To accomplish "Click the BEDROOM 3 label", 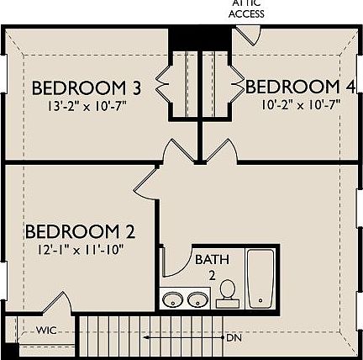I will tap(86, 88).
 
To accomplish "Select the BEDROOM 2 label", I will tap(81, 231).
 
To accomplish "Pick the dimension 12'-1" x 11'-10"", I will tap(81, 249).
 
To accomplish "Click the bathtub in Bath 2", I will tap(260, 278).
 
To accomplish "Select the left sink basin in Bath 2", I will tap(174, 299).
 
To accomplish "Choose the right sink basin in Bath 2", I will tap(198, 299).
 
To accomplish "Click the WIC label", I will tap(47, 331).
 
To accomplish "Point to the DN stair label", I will tap(234, 337).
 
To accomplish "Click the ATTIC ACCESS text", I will tap(247, 9).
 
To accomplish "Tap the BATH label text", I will tap(210, 260).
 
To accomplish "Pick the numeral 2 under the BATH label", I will tap(213, 274).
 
